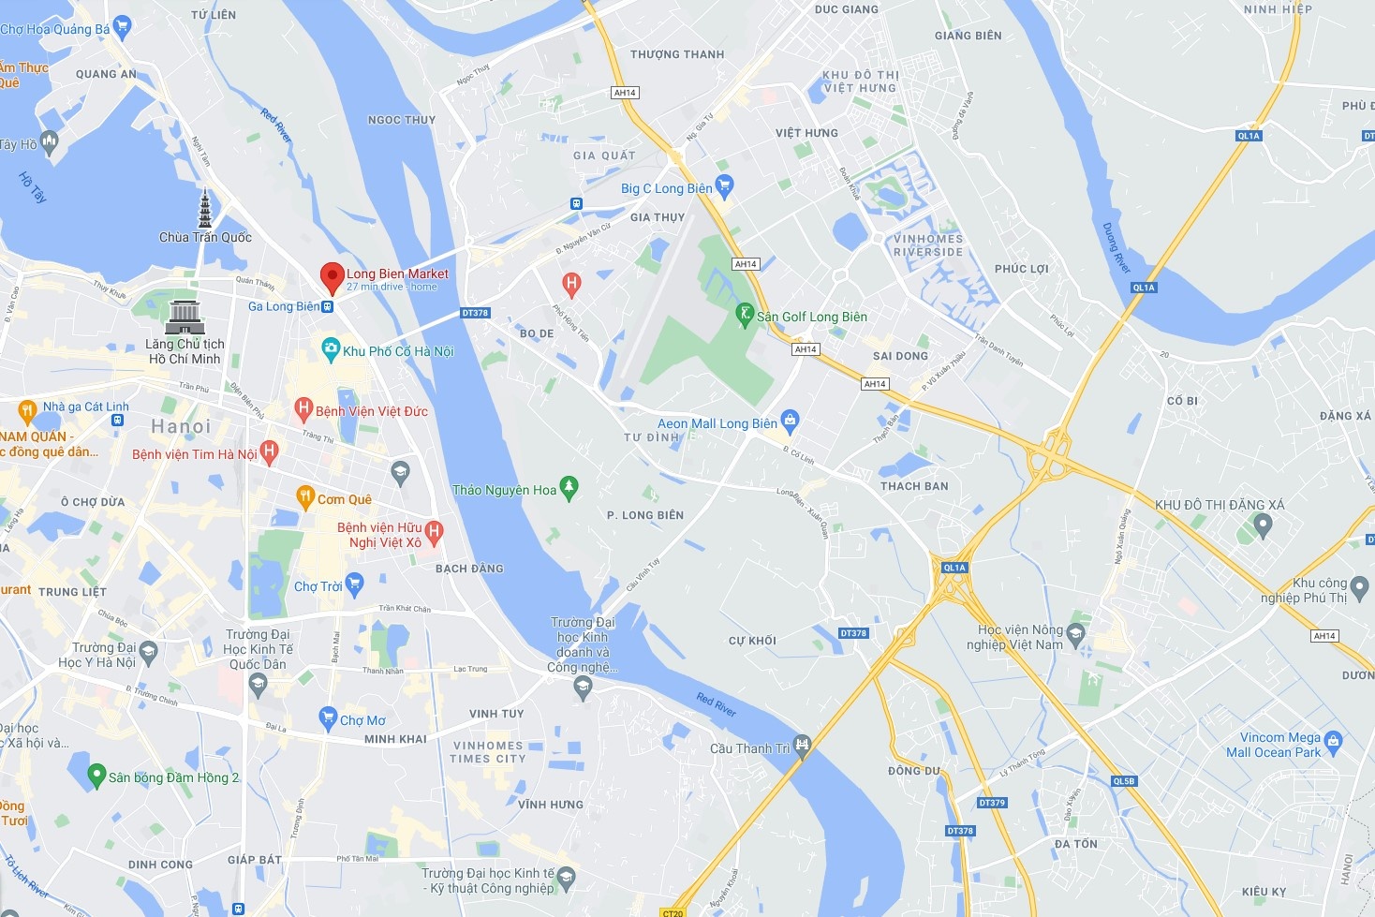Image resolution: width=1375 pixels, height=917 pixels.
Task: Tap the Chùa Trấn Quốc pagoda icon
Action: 205,209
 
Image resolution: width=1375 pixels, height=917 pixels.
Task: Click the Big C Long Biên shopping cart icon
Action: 723,185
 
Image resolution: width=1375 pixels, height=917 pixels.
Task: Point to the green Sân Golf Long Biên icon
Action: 745,314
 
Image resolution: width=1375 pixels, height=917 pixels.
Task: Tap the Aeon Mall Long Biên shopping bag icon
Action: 790,422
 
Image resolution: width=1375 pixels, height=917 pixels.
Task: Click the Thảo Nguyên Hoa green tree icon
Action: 569,488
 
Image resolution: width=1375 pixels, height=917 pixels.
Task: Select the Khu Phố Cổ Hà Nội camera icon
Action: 330,349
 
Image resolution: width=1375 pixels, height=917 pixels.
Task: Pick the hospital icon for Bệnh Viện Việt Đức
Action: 303,408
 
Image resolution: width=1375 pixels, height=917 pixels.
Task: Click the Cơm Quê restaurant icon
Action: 304,497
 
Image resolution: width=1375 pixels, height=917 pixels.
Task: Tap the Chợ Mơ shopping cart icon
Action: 327,718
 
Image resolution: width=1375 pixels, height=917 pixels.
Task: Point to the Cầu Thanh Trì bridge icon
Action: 802,746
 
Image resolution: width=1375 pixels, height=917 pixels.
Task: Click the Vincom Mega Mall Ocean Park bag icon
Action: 1334,744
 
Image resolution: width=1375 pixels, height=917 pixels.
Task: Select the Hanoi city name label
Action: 181,427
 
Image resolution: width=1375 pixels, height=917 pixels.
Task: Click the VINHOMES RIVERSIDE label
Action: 927,245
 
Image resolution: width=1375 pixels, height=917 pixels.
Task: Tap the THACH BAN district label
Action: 914,486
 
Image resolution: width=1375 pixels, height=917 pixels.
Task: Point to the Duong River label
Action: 1116,248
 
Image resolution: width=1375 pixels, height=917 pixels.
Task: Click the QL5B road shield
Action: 1123,781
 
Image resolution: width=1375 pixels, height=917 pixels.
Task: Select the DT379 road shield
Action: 991,803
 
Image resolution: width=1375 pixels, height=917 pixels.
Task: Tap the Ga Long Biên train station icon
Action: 327,306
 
